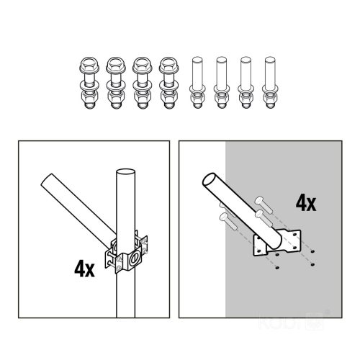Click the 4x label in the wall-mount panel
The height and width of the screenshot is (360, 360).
pyautogui.click(x=306, y=203)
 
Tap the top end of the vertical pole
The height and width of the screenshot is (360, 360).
pyautogui.click(x=125, y=174)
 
